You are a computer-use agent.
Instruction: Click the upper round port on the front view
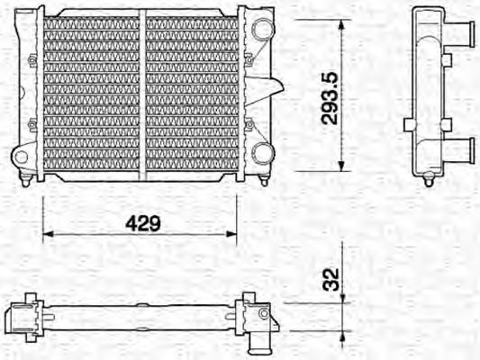pos(262,30)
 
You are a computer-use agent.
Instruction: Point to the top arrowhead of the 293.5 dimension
pos(341,24)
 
